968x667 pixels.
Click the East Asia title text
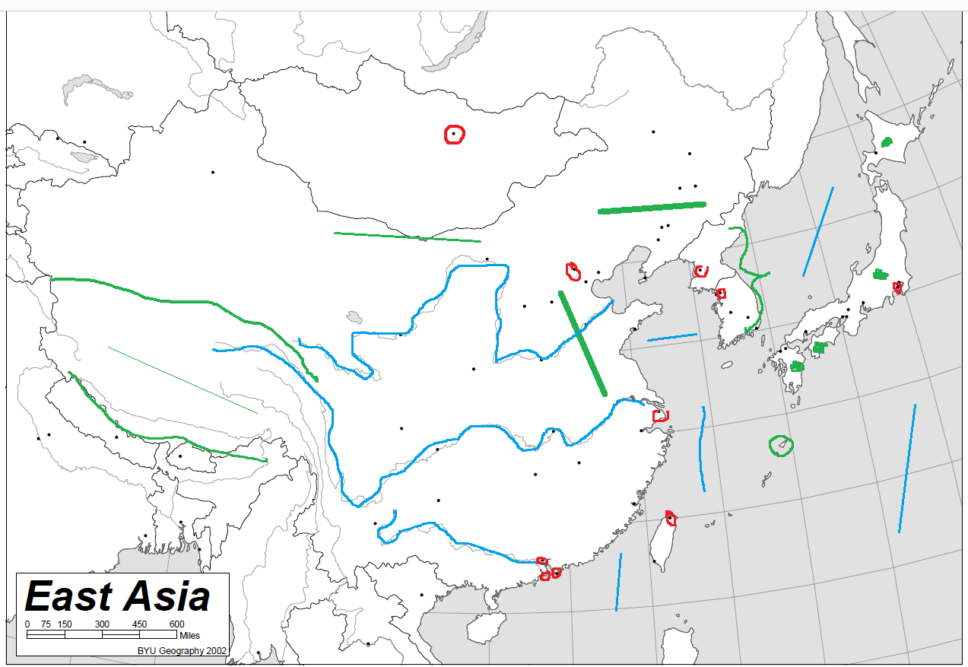click(x=118, y=596)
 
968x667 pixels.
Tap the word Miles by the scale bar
click(x=189, y=634)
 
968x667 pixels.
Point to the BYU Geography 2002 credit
click(x=182, y=651)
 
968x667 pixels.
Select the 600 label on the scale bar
click(x=176, y=624)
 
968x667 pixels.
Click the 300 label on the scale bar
click(x=102, y=624)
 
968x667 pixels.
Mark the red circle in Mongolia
click(x=454, y=135)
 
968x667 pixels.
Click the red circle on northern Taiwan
click(x=670, y=519)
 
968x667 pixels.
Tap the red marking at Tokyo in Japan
click(x=897, y=287)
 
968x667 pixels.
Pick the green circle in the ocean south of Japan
click(x=780, y=446)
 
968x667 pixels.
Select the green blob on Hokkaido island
click(x=887, y=141)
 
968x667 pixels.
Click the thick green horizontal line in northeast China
click(x=652, y=207)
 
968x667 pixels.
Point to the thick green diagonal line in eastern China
click(x=582, y=343)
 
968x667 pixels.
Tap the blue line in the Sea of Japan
click(x=817, y=232)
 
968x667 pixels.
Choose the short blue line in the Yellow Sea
click(x=672, y=337)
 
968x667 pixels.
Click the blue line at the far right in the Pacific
click(x=907, y=468)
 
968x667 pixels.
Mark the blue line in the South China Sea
click(x=618, y=582)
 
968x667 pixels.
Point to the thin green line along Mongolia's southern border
click(x=408, y=237)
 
